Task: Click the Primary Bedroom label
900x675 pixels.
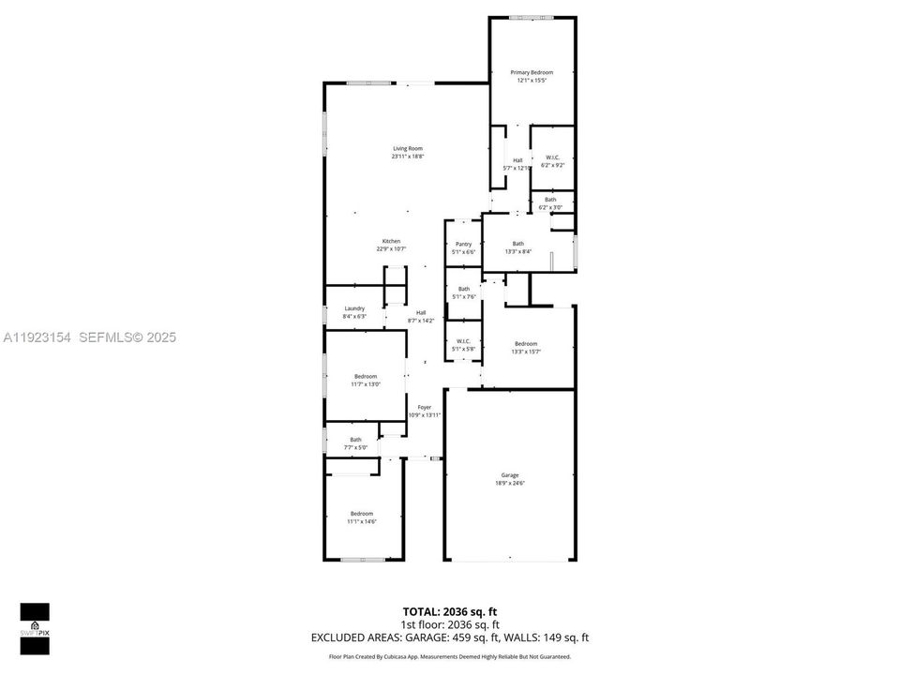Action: point(532,72)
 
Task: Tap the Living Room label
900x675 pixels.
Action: point(408,148)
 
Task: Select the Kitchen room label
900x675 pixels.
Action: point(391,241)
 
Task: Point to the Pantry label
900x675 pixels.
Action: point(463,244)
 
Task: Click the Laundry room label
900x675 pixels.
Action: point(354,308)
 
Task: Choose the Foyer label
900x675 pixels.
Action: point(425,408)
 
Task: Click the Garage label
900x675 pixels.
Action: point(510,475)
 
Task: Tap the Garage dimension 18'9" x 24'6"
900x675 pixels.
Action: point(510,484)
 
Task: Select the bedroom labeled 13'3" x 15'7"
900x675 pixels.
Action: point(525,347)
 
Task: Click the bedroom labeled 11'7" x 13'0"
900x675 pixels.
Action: point(366,380)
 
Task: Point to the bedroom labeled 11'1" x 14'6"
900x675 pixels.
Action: point(362,517)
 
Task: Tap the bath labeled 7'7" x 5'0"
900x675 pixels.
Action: point(355,442)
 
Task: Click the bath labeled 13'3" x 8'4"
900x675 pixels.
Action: point(518,247)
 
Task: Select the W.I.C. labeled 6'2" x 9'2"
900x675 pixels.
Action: point(552,161)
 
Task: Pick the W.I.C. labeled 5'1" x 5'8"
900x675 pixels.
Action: point(463,344)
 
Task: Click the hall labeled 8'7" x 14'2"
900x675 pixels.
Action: point(421,316)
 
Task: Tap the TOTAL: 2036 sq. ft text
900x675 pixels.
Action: point(449,610)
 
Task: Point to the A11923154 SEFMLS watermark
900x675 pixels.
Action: point(90,337)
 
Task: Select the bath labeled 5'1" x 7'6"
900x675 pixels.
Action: point(463,292)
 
